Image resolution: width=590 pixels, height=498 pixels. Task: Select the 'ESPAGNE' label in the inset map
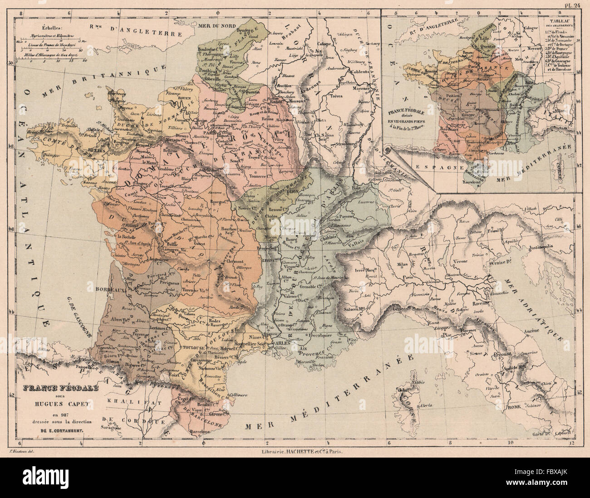[x=433, y=167]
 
